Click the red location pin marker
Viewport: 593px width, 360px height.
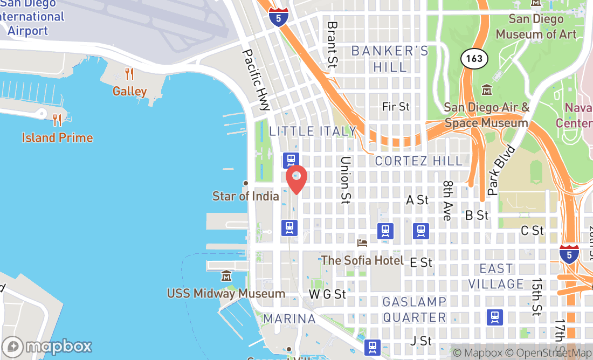pos(296,179)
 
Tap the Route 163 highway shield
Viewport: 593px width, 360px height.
pos(474,58)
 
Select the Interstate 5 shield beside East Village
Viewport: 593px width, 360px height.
pos(569,254)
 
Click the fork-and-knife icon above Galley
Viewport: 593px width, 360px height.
pos(129,73)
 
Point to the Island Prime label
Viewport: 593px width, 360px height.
pos(57,137)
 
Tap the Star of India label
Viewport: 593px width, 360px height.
pos(246,196)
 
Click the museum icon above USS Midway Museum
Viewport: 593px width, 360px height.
pos(226,277)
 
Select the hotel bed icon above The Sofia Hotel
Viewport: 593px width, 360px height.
pos(362,243)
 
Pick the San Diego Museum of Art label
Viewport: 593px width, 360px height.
pos(536,26)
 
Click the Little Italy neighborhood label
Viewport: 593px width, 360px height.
pos(313,131)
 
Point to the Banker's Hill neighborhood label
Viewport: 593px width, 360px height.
pos(390,59)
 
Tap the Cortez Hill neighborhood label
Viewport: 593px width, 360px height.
pos(418,161)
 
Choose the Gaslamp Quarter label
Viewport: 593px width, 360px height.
pos(415,309)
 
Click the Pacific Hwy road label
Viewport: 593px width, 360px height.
pos(256,80)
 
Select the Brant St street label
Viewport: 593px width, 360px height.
pos(332,44)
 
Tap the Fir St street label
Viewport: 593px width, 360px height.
pos(396,107)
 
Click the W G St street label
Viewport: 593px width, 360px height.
pos(327,294)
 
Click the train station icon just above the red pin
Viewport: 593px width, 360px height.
pos(291,160)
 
